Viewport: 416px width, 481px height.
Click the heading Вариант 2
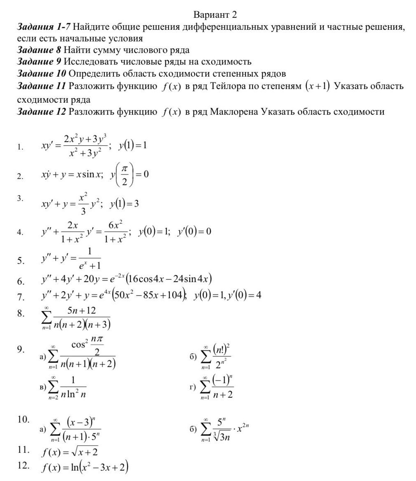[x=216, y=15]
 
